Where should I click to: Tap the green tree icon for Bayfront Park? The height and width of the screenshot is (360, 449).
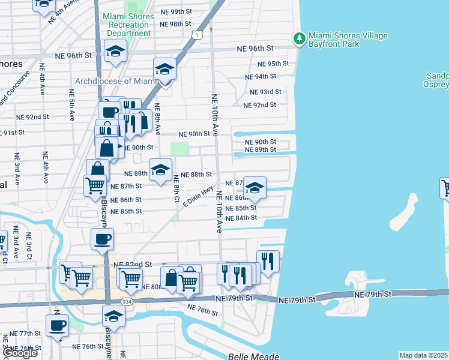pos(299,39)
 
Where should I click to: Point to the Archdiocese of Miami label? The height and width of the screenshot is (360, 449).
pos(116,81)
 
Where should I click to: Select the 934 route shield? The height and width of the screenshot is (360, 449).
pos(126,301)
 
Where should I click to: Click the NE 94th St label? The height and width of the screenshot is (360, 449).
pos(260,76)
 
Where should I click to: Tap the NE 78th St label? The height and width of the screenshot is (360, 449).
pos(202,310)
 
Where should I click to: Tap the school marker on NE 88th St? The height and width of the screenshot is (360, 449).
pos(160,170)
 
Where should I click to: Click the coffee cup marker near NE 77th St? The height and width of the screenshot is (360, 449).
pos(58,325)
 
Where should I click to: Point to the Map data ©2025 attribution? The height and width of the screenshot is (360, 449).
pos(424,355)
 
